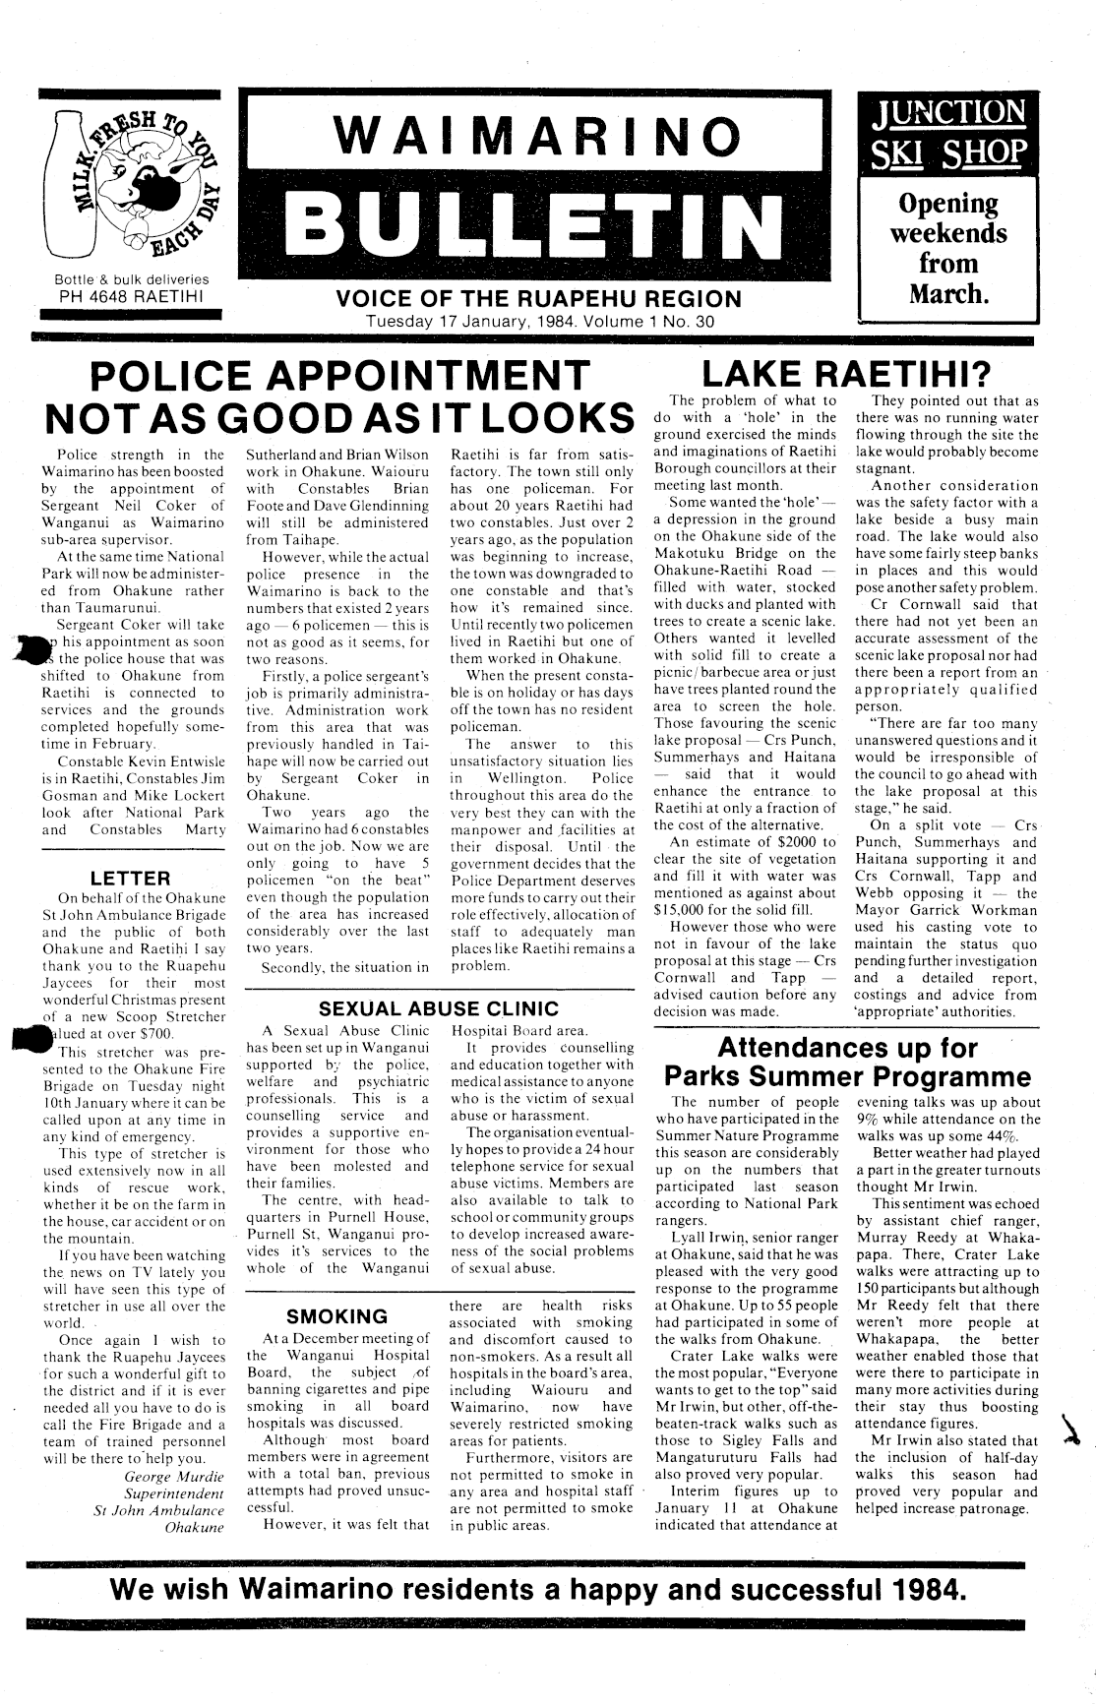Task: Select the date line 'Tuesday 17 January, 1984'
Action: [x=483, y=321]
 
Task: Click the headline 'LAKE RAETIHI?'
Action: [x=846, y=373]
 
